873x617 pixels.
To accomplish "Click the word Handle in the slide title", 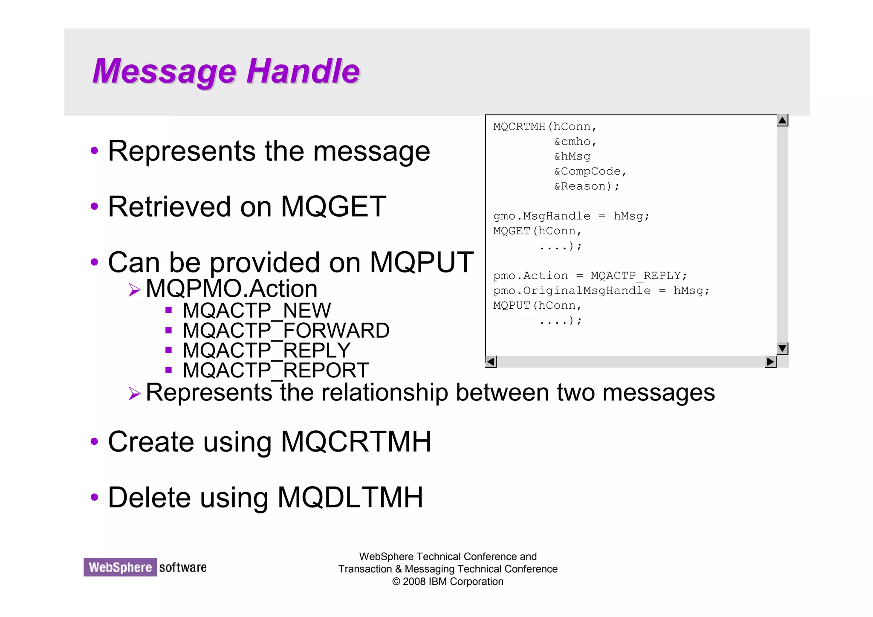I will tap(303, 71).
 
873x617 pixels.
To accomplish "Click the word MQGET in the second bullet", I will tap(333, 207).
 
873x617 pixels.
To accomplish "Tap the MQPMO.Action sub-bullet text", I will tap(231, 289).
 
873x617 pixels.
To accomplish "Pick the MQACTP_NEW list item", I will tap(257, 310).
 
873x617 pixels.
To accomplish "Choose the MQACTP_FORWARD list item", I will tap(286, 330).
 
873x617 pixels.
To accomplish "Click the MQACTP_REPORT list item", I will tap(276, 370).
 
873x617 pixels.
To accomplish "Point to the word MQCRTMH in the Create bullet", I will tap(356, 442).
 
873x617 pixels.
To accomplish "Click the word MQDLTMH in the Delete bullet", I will tap(350, 498).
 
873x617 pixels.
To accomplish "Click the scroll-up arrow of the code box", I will tap(782, 121).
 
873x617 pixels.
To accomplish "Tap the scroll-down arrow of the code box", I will tap(782, 348).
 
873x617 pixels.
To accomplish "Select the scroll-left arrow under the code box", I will tap(491, 362).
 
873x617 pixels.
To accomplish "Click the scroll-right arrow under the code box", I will tap(770, 362).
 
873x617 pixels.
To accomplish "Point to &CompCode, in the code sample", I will tap(590, 171).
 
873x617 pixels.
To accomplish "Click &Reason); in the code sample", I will tap(587, 186).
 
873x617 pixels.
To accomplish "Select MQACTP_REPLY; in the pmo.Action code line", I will tap(639, 276).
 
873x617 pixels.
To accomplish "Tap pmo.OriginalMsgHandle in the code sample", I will tap(572, 291).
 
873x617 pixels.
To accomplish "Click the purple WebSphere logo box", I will tap(120, 567).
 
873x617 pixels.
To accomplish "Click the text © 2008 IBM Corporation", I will tap(448, 582).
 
